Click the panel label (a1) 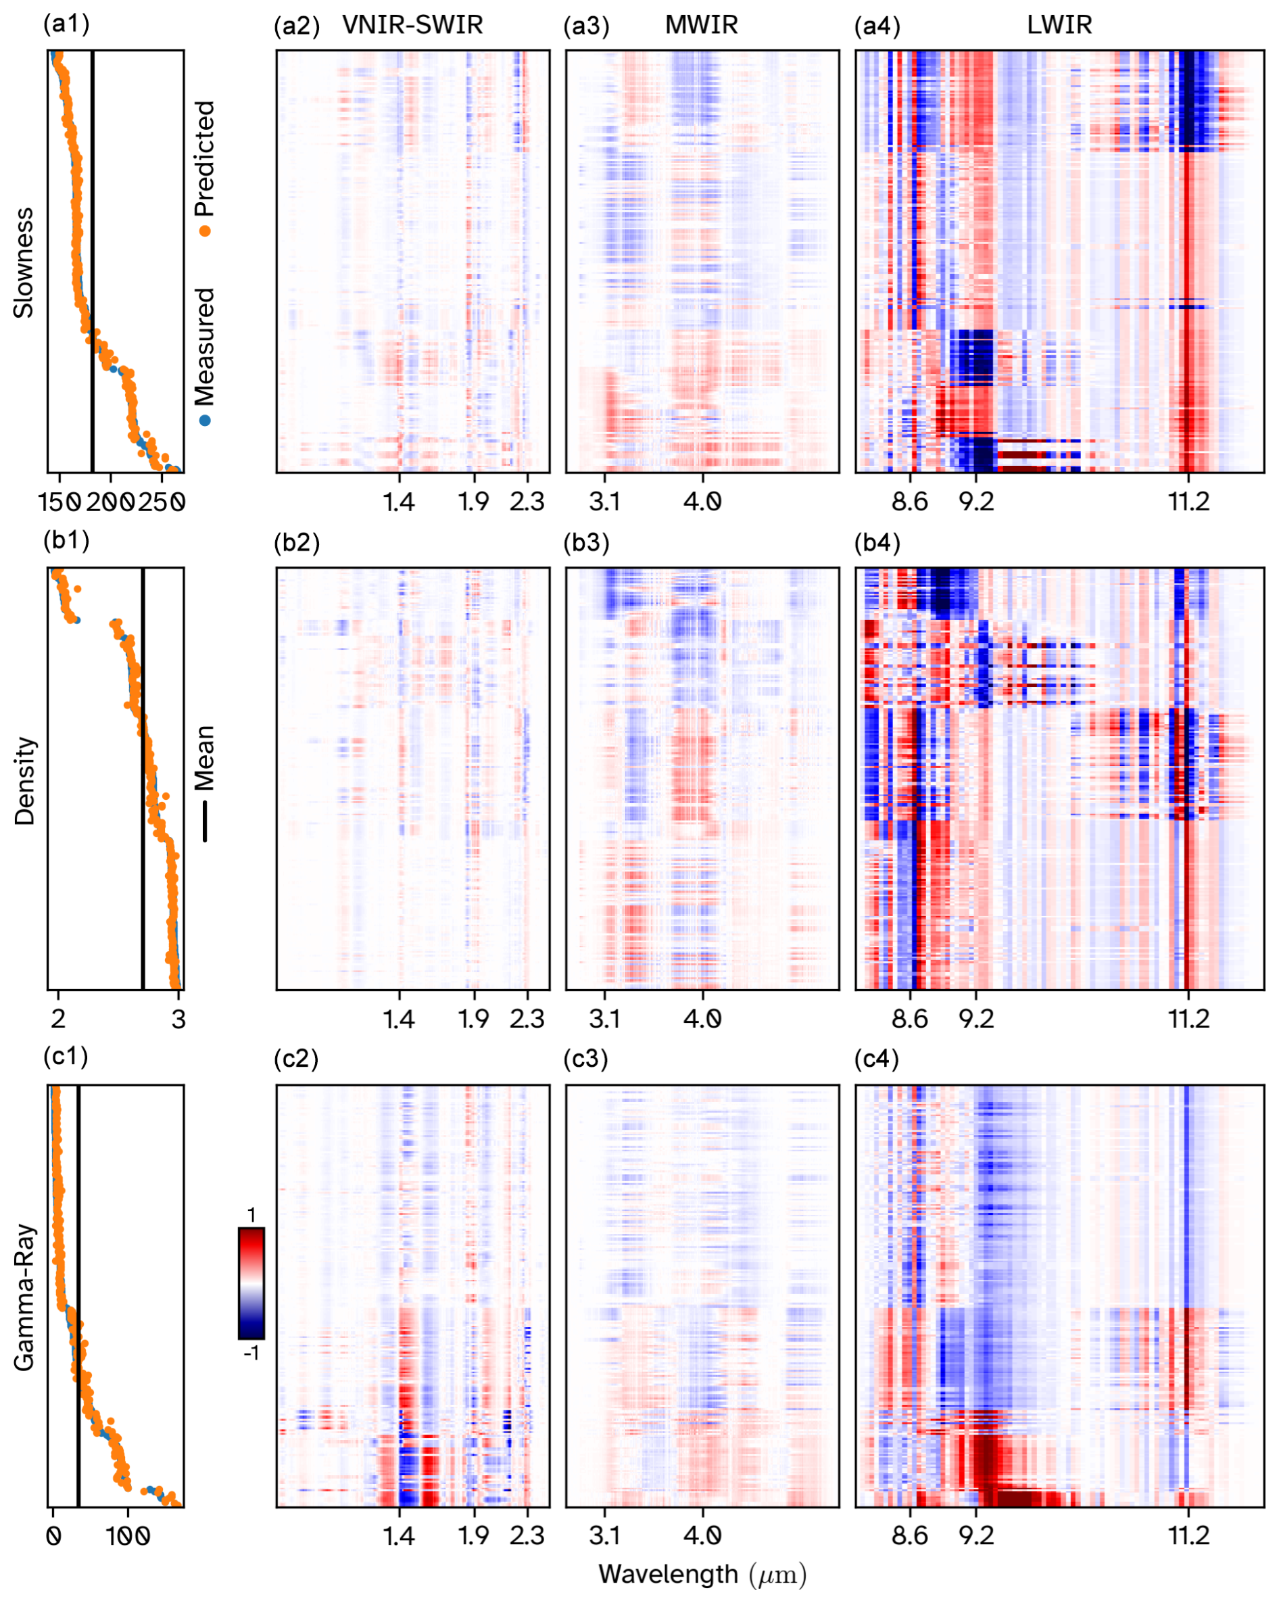tap(66, 24)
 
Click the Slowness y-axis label tap(24, 262)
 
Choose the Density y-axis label tap(24, 781)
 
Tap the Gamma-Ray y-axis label tap(24, 1297)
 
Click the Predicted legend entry tap(204, 167)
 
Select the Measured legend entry tap(204, 356)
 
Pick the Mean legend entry tap(204, 781)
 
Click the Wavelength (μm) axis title tap(702, 1573)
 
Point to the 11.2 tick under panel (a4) tap(1188, 502)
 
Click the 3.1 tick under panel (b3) tap(604, 1018)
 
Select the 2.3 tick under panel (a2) tap(527, 502)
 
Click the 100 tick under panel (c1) tap(127, 1535)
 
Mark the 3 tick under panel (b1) tap(178, 1018)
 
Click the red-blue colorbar tap(251, 1289)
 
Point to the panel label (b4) tap(877, 542)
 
